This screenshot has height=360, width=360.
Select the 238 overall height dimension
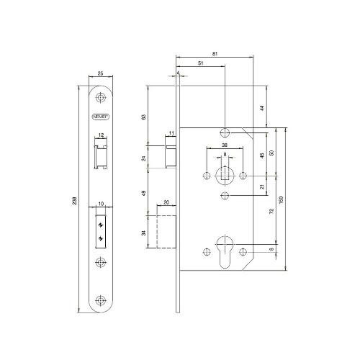(x=76, y=201)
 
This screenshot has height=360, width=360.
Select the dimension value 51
(x=200, y=63)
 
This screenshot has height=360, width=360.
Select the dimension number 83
(x=144, y=116)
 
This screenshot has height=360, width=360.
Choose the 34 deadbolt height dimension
(x=144, y=232)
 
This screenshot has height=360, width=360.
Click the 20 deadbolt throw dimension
(x=166, y=204)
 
